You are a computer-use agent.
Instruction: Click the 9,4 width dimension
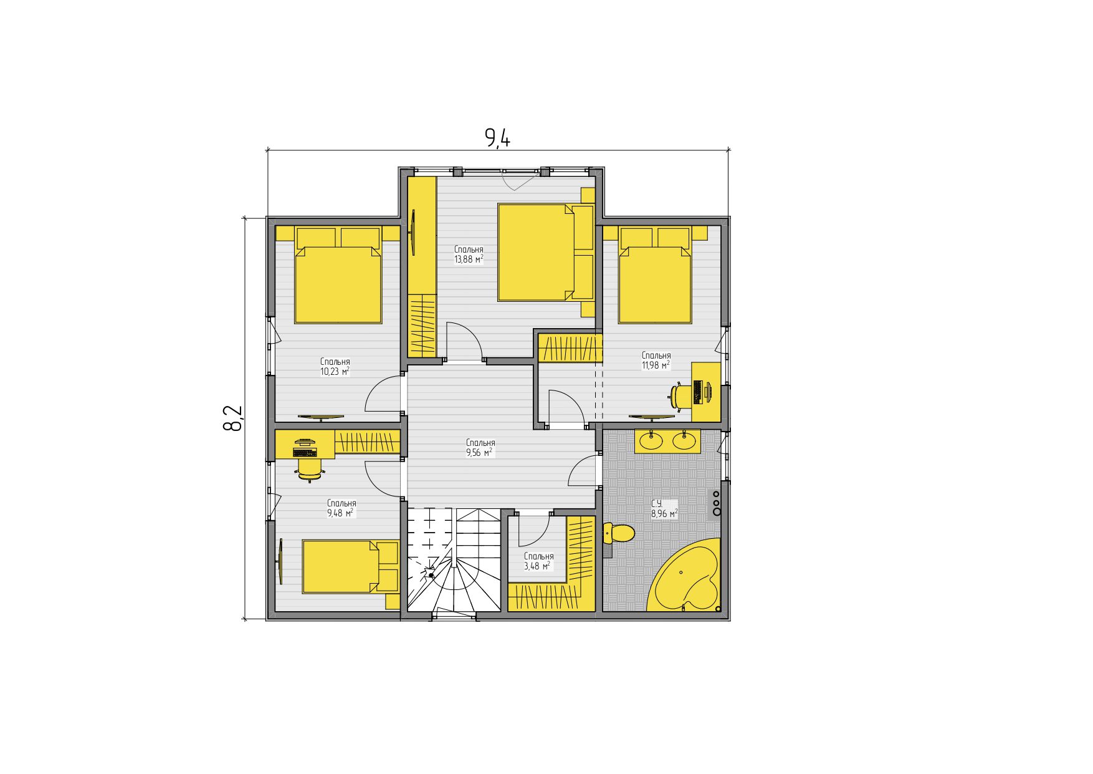click(498, 137)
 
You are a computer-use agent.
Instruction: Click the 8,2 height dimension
click(232, 418)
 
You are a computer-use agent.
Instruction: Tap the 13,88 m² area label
click(469, 259)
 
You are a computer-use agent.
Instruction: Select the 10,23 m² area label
click(335, 372)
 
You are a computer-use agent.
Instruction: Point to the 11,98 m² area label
click(656, 365)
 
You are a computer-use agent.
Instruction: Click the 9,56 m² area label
click(480, 453)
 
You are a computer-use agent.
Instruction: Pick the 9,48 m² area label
click(341, 513)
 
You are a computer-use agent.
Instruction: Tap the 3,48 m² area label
click(538, 566)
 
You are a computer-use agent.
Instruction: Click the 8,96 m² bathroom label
click(664, 514)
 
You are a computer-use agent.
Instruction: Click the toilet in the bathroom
click(618, 534)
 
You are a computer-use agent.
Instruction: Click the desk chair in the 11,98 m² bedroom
click(681, 395)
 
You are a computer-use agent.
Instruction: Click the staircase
click(454, 560)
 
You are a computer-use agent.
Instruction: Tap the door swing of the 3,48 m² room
click(533, 531)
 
